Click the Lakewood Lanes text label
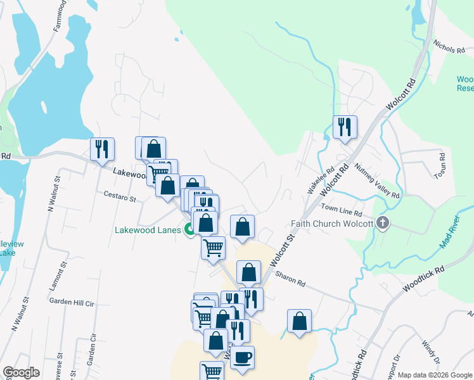(148, 231)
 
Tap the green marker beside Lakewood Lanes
(189, 231)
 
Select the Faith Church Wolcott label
(331, 224)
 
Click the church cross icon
(381, 223)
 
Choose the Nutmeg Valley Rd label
(378, 182)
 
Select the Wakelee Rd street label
(321, 180)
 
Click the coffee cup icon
(242, 357)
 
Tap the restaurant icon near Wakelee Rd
(345, 127)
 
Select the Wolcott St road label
(283, 250)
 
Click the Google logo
(21, 372)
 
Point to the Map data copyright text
(434, 375)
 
